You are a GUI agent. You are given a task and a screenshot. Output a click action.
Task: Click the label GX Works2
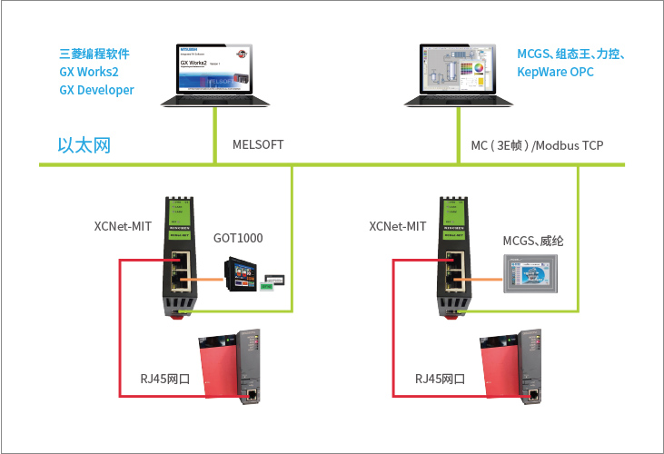(x=90, y=71)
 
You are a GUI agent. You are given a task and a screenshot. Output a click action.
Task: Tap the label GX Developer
(x=96, y=90)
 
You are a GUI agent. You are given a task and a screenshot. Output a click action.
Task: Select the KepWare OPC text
(x=556, y=71)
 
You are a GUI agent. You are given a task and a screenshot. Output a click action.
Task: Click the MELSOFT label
(x=259, y=144)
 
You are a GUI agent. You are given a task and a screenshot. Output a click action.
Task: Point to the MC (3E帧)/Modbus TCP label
(x=537, y=145)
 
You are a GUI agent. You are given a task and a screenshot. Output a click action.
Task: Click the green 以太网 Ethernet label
(x=84, y=145)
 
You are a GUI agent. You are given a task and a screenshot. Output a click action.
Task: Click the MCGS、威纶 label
(x=534, y=239)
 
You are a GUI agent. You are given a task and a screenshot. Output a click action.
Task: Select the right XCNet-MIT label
(x=398, y=226)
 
